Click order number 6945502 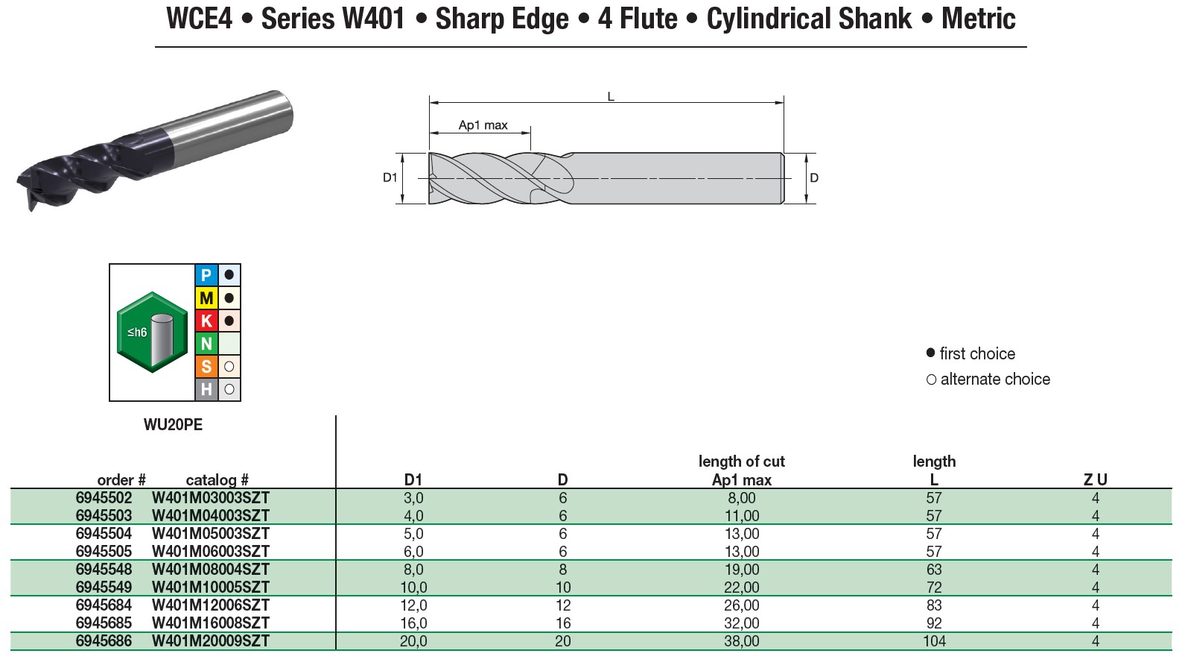click(x=104, y=498)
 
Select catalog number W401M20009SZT click(x=210, y=641)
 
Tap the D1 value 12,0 click(x=413, y=605)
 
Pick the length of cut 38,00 click(x=742, y=641)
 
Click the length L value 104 click(x=934, y=641)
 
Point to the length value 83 click(x=934, y=605)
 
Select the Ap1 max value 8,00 click(x=742, y=498)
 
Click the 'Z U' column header click(x=1095, y=480)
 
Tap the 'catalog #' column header click(x=217, y=480)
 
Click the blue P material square click(x=206, y=275)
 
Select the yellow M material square click(x=206, y=298)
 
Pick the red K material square click(x=206, y=321)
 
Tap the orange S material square click(x=206, y=367)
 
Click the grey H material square click(x=206, y=389)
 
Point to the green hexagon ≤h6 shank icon click(x=152, y=333)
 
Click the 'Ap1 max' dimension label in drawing click(x=483, y=125)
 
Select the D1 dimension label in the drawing click(x=390, y=177)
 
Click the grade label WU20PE click(x=173, y=425)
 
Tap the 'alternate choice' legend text click(x=995, y=379)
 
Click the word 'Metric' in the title click(x=978, y=19)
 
